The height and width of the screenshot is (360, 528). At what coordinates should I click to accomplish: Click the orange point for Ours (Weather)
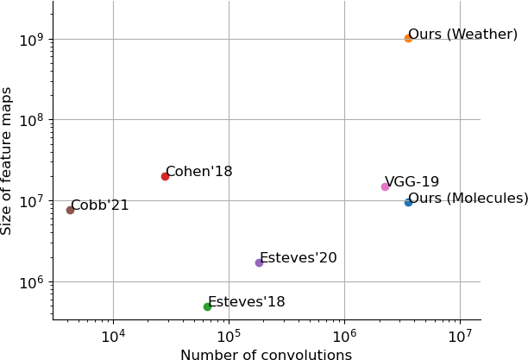coord(408,38)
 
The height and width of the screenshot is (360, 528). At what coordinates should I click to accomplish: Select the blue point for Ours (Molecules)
coord(408,202)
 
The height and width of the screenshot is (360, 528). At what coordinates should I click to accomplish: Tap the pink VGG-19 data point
coord(385,186)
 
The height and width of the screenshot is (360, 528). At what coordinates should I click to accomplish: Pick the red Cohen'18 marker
coord(165,176)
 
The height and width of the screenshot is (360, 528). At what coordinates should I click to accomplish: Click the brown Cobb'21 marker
coord(70,210)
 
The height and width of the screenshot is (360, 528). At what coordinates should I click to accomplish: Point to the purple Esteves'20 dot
coord(259,262)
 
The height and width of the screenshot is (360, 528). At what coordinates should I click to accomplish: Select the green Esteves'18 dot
coord(207,306)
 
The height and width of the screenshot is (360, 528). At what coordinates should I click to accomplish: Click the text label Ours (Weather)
coord(462,35)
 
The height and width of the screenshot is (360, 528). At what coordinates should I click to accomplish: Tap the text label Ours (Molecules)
coord(468,199)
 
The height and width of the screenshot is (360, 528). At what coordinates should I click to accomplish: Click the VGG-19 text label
coord(412,182)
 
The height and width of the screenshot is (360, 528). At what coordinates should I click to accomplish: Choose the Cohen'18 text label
coord(198,172)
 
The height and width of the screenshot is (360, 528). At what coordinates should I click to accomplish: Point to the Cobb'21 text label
coord(99,205)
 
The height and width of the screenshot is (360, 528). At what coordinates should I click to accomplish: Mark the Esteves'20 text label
coord(298,258)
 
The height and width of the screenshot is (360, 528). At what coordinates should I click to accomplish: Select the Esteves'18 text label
coord(246,302)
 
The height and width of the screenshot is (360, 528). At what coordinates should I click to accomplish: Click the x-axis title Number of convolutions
coord(266,355)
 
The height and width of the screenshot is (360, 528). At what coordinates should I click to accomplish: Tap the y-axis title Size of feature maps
coord(8,161)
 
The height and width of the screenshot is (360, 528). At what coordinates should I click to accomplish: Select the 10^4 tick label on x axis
coord(113,335)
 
